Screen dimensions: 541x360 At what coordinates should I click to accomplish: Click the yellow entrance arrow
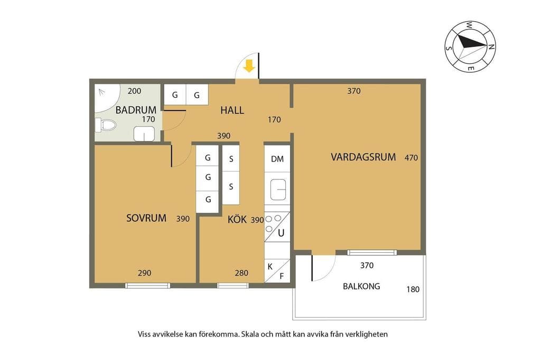click(x=249, y=66)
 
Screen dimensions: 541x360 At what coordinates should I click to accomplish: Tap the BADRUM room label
click(x=136, y=110)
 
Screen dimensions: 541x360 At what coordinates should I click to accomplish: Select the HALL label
click(x=232, y=110)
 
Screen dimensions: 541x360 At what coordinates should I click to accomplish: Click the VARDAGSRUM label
click(x=363, y=157)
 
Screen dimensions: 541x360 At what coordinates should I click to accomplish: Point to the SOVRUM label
click(x=146, y=218)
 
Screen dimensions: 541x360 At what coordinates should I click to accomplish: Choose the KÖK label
click(x=237, y=219)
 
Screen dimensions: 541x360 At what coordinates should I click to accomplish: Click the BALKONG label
click(x=361, y=286)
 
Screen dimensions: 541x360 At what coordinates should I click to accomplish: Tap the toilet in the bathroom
click(x=106, y=125)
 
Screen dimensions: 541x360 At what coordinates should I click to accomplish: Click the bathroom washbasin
click(x=144, y=134)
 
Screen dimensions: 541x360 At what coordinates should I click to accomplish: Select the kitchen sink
click(x=278, y=190)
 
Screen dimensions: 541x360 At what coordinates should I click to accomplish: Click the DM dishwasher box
click(x=277, y=159)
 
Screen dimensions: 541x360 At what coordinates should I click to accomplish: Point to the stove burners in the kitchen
click(x=273, y=223)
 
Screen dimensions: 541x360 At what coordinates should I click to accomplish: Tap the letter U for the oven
click(x=281, y=233)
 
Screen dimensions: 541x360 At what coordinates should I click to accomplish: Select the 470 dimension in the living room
click(x=411, y=158)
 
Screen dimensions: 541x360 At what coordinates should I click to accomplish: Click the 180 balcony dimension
click(x=413, y=289)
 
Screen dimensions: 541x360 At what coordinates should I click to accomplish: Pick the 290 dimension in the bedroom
click(x=145, y=273)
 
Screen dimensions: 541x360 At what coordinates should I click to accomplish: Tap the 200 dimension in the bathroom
click(x=134, y=91)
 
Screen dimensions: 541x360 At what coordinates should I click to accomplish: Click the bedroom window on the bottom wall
click(x=148, y=286)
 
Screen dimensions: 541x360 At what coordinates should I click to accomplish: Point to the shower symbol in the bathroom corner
click(x=102, y=92)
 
